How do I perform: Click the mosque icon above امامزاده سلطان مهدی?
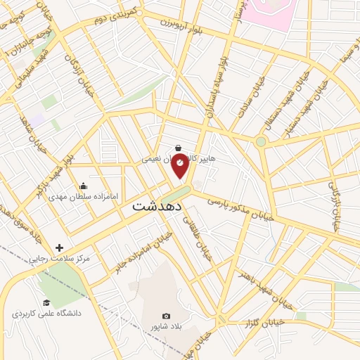pos(84,186)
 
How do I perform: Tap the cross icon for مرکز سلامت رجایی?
pos(59,247)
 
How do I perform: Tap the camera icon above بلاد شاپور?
pos(166,317)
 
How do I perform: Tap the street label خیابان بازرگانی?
pos(335,193)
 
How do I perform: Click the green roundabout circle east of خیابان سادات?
pos(261,142)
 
